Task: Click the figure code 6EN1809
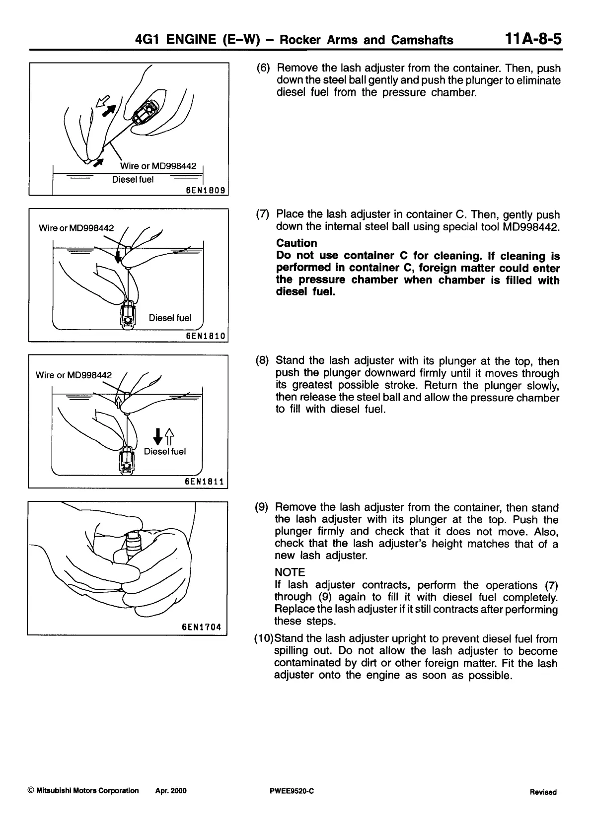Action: click(x=205, y=190)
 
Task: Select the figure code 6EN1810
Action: click(x=205, y=336)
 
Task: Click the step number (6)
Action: click(x=263, y=68)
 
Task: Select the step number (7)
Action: click(x=263, y=215)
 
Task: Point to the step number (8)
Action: click(x=262, y=361)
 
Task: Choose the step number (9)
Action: click(x=262, y=507)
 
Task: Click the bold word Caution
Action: click(x=296, y=243)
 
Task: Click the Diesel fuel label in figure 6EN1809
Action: click(x=133, y=179)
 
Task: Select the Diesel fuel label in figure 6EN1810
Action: click(x=170, y=318)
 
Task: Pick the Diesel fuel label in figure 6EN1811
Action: click(x=165, y=451)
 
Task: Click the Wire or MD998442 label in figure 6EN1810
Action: click(x=76, y=228)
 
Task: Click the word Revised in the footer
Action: click(x=543, y=792)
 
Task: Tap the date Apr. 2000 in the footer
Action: click(x=171, y=791)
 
